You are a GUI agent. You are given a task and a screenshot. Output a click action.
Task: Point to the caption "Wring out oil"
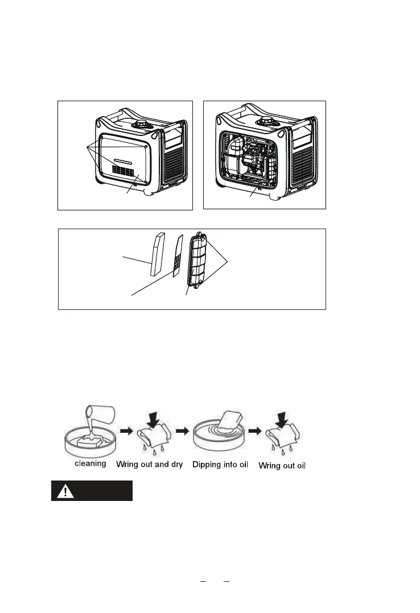[x=282, y=466]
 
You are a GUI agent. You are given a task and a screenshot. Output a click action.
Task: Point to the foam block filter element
[x=158, y=254]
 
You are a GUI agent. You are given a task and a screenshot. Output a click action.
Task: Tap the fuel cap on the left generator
[x=139, y=123]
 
